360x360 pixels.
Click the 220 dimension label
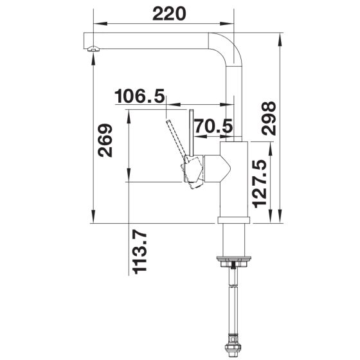169,14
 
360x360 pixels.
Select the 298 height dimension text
269,118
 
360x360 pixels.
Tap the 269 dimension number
105,141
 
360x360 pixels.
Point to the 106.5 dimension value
139,96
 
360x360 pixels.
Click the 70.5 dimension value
213,126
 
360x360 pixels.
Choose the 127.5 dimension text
260,184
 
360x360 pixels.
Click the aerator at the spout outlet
93,48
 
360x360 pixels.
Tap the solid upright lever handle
192,133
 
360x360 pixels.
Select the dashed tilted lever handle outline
177,140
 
